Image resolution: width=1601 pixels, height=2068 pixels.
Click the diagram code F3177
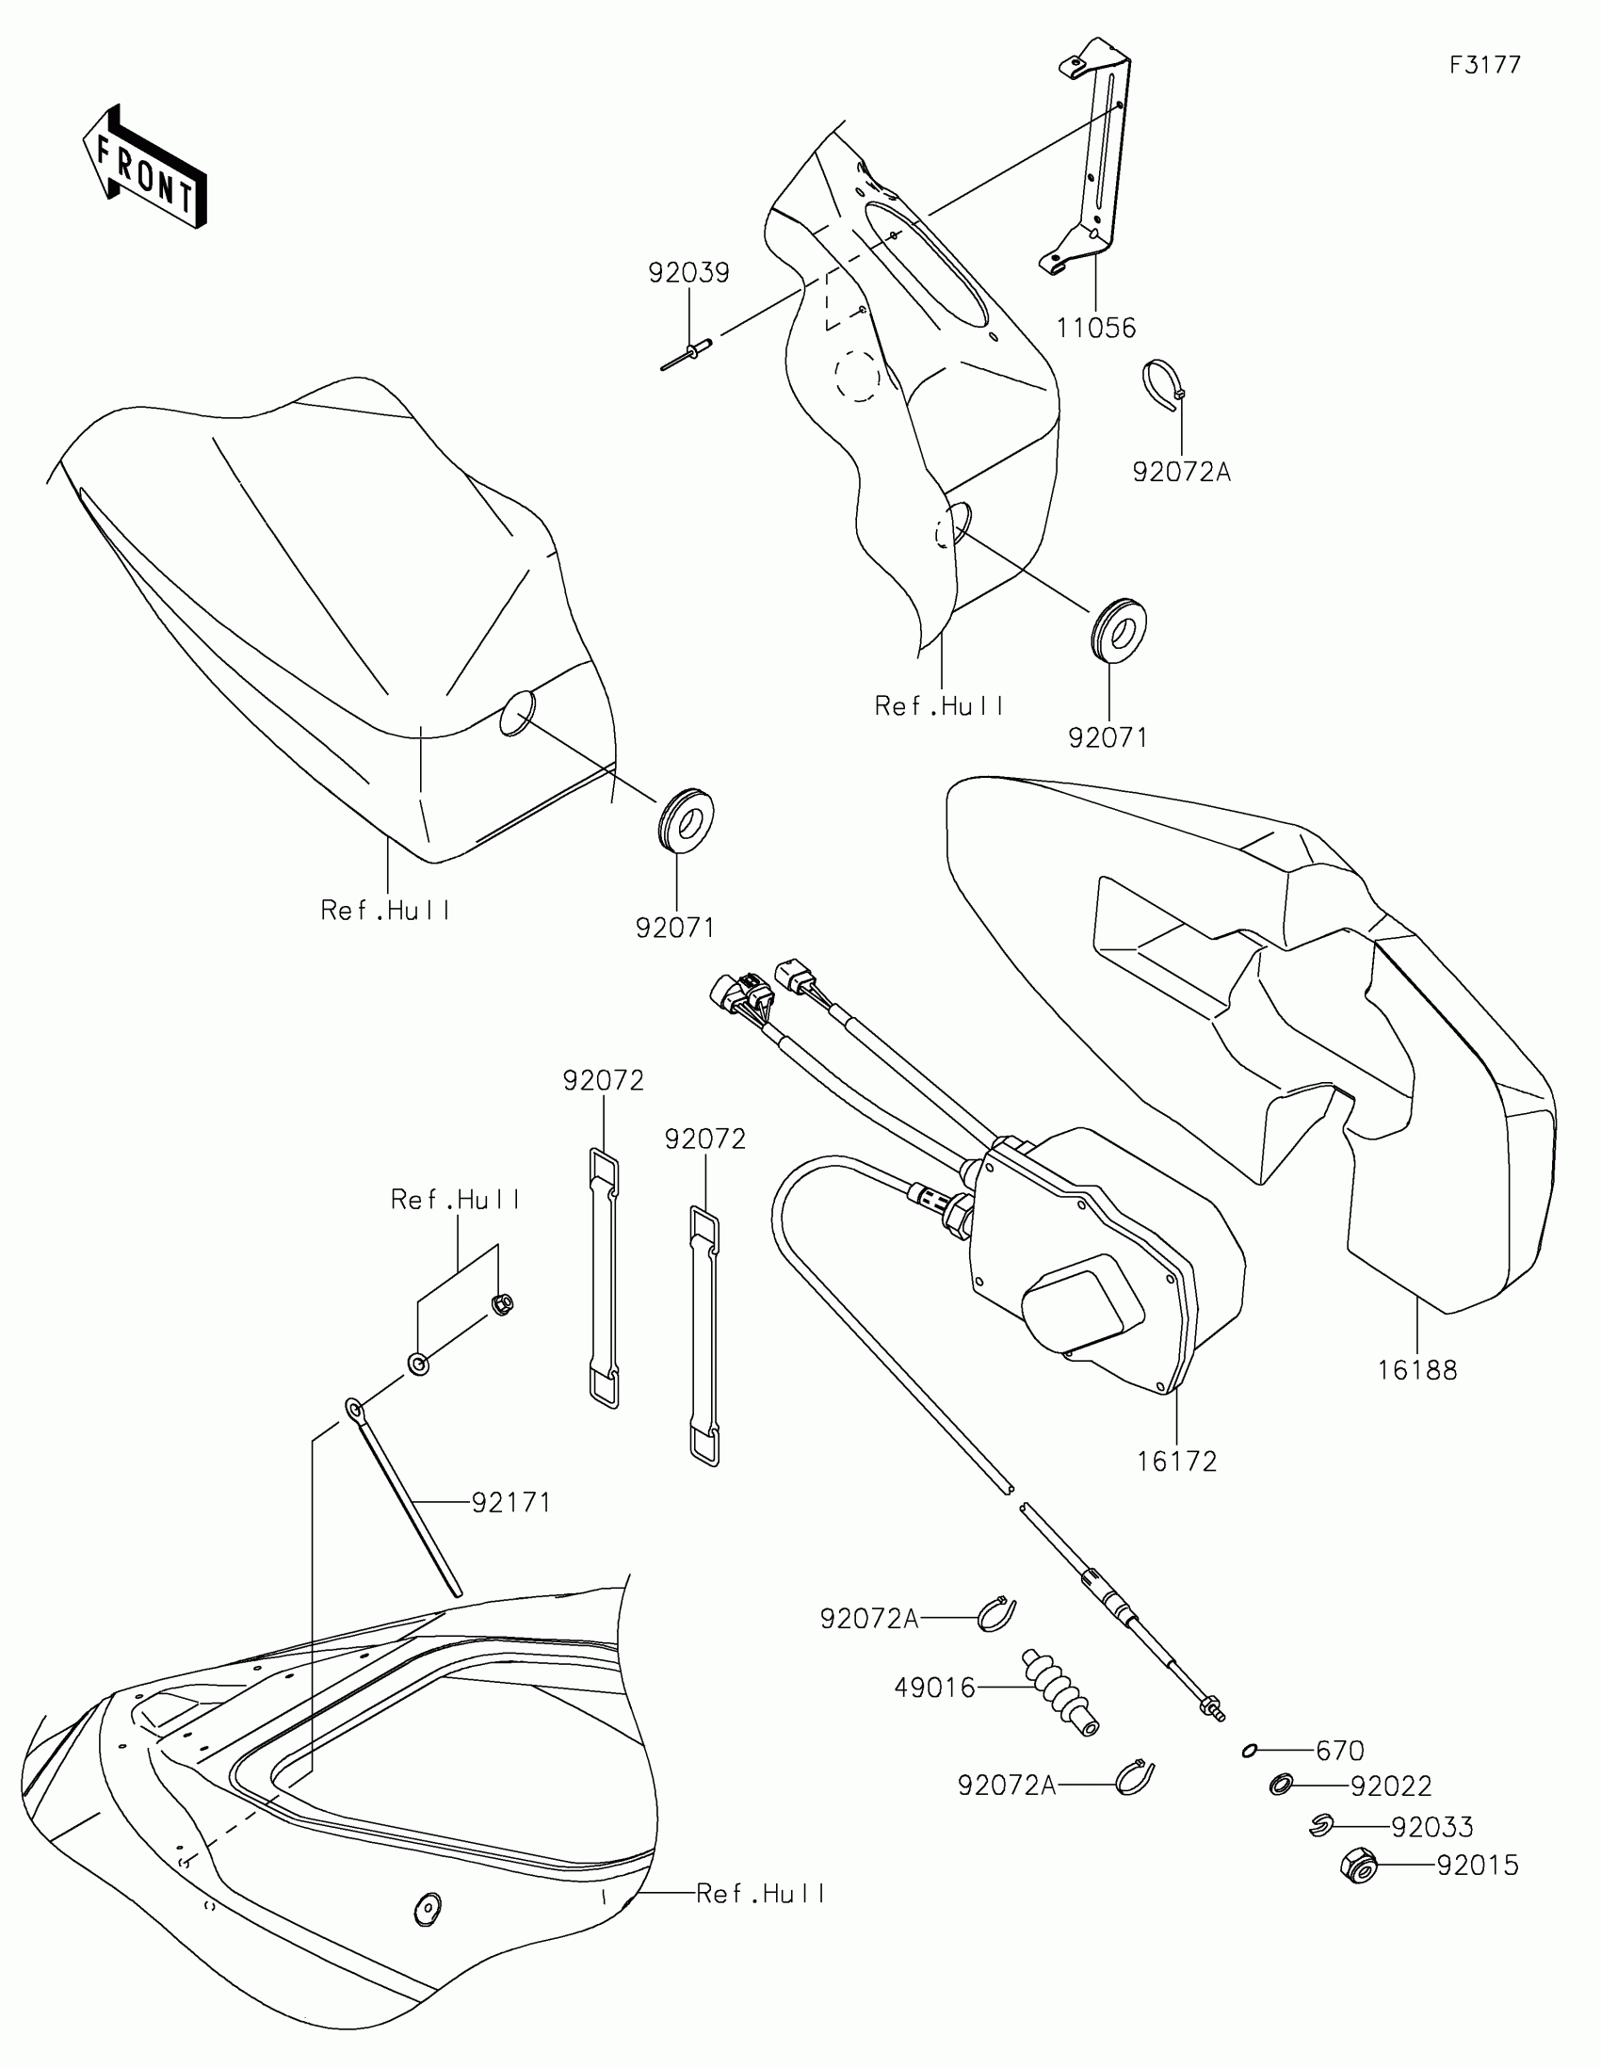pyautogui.click(x=1484, y=65)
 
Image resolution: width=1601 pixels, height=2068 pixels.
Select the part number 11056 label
pyautogui.click(x=1095, y=329)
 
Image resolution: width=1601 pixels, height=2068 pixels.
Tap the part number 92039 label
pyautogui.click(x=688, y=274)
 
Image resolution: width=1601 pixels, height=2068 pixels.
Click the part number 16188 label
pyautogui.click(x=1416, y=1370)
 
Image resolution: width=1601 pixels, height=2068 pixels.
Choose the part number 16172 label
pyautogui.click(x=1176, y=1461)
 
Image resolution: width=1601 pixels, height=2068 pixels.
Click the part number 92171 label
pyautogui.click(x=511, y=1502)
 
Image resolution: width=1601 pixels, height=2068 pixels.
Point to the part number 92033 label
pyautogui.click(x=1431, y=1827)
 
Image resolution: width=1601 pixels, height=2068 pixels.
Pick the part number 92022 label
pyautogui.click(x=1391, y=1785)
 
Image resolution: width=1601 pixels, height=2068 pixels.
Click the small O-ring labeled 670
pyautogui.click(x=1250, y=1751)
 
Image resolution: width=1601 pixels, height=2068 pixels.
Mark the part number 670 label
pyautogui.click(x=1340, y=1751)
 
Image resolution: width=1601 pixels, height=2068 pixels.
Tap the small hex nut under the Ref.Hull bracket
pyautogui.click(x=502, y=1305)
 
